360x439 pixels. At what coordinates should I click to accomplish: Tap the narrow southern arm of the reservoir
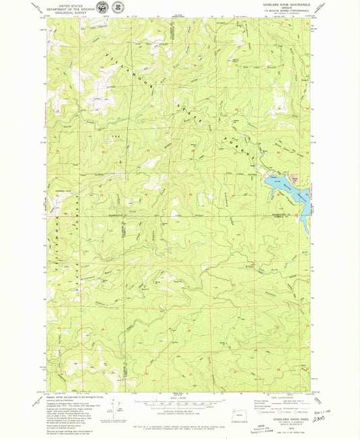click(x=305, y=219)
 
